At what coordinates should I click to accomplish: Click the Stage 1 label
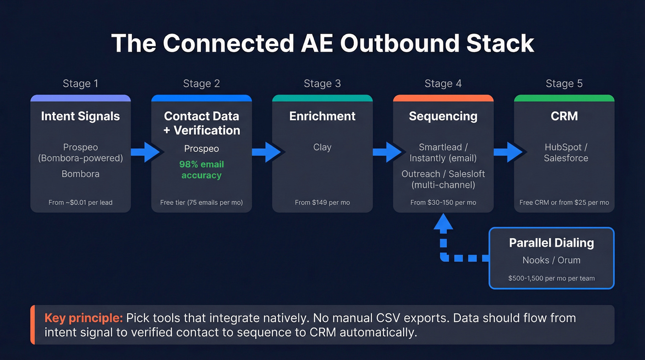click(80, 83)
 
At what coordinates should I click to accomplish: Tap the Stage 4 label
click(443, 83)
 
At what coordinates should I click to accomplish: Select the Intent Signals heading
click(80, 116)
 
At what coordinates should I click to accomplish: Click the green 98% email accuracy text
click(201, 170)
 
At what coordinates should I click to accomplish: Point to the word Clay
click(322, 148)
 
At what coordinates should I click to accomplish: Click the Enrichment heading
click(322, 116)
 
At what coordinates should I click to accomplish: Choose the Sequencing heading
click(443, 116)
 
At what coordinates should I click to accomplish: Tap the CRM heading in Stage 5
click(564, 116)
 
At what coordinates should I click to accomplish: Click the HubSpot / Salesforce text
click(565, 153)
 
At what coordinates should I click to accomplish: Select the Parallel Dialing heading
click(551, 243)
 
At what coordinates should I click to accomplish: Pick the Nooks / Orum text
click(551, 260)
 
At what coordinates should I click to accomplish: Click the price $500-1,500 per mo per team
click(551, 278)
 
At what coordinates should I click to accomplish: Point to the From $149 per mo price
click(322, 202)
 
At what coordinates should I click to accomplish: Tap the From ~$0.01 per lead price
click(80, 202)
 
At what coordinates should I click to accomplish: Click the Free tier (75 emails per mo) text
click(201, 202)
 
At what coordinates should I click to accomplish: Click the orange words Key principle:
click(83, 318)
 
